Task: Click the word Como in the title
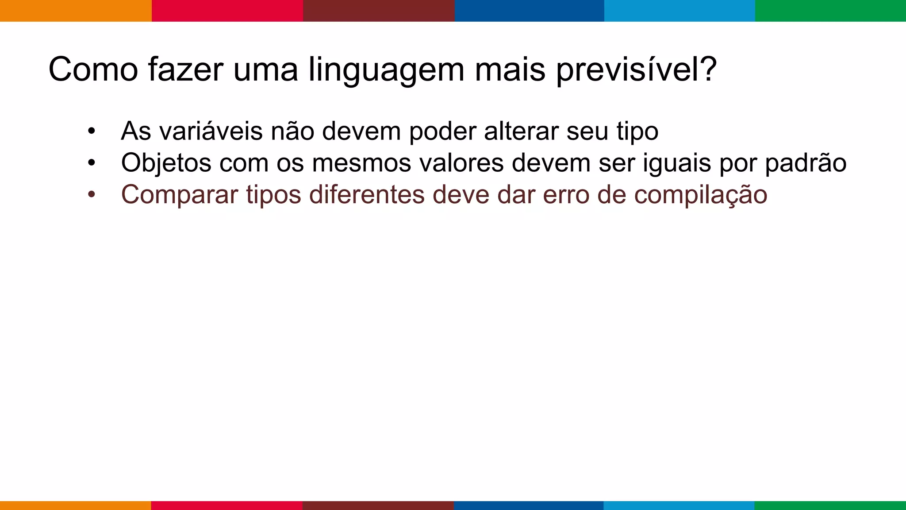click(93, 70)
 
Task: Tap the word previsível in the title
click(636, 70)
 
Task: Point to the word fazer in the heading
click(185, 70)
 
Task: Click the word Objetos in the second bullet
click(166, 163)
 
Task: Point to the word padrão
click(806, 163)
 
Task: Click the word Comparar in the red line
click(180, 195)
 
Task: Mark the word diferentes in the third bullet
click(367, 195)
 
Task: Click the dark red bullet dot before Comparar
click(91, 195)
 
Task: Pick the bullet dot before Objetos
click(91, 163)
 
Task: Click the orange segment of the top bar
click(76, 11)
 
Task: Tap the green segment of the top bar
click(830, 11)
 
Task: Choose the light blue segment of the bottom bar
click(679, 506)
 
